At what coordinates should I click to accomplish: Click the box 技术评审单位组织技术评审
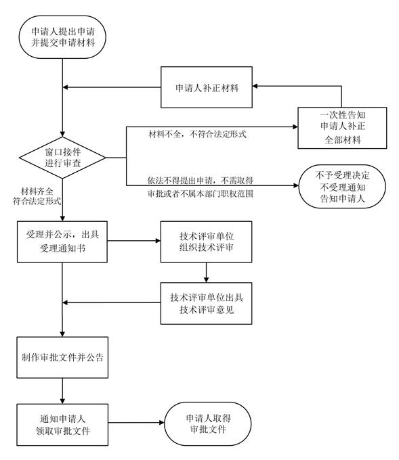(206, 240)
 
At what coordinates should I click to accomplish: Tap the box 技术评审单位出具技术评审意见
(206, 303)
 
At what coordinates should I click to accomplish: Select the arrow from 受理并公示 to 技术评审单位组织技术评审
(133, 240)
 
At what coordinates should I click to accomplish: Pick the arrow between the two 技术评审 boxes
(206, 271)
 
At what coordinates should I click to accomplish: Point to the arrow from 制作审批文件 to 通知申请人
(62, 390)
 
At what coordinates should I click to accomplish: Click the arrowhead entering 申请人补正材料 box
(255, 87)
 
